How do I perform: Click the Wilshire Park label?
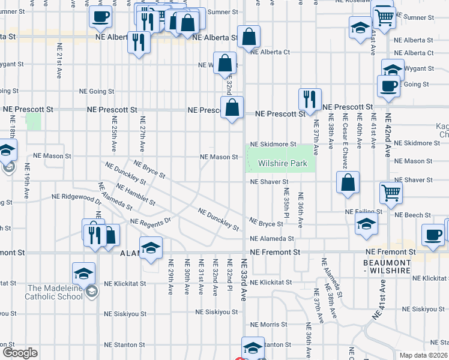pyautogui.click(x=282, y=164)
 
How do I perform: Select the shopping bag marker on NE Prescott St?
pyautogui.click(x=232, y=108)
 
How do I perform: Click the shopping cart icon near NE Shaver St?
pyautogui.click(x=391, y=193)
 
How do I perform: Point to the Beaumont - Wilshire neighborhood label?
pyautogui.click(x=387, y=266)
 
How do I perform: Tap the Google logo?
pyautogui.click(x=19, y=353)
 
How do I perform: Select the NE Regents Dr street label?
pyautogui.click(x=151, y=222)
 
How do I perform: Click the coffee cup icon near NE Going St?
pyautogui.click(x=388, y=85)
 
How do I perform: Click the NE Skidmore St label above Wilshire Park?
pyautogui.click(x=273, y=145)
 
